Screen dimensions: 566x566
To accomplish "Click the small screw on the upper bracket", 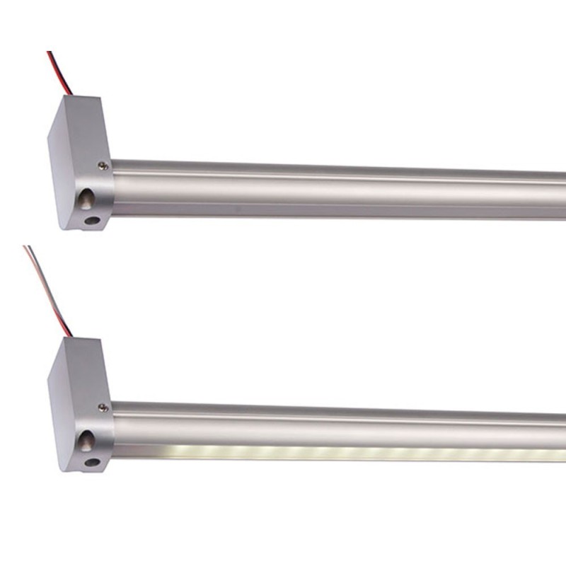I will pyautogui.click(x=103, y=165).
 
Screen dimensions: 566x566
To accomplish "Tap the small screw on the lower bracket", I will pyautogui.click(x=103, y=408).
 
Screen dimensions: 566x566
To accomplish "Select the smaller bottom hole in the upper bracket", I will pyautogui.click(x=91, y=220).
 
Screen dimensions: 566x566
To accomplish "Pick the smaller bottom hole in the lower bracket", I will pyautogui.click(x=91, y=463).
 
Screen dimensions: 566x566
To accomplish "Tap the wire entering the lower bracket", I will pyautogui.click(x=53, y=297).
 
